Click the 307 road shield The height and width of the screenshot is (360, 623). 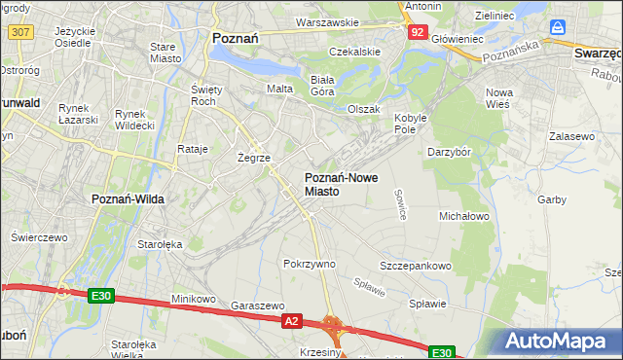point(19,32)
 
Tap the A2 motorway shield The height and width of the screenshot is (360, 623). point(291,319)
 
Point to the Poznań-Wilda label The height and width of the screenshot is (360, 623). point(127,198)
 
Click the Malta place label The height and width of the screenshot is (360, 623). point(279,89)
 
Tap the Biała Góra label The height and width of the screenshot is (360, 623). point(321,85)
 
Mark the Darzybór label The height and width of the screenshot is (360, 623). point(449,152)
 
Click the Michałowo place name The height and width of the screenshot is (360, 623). point(463,215)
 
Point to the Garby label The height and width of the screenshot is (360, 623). point(552,199)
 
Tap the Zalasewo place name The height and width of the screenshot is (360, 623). point(571,137)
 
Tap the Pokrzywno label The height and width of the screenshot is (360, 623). point(309,264)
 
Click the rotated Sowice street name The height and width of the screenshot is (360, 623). point(400,203)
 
